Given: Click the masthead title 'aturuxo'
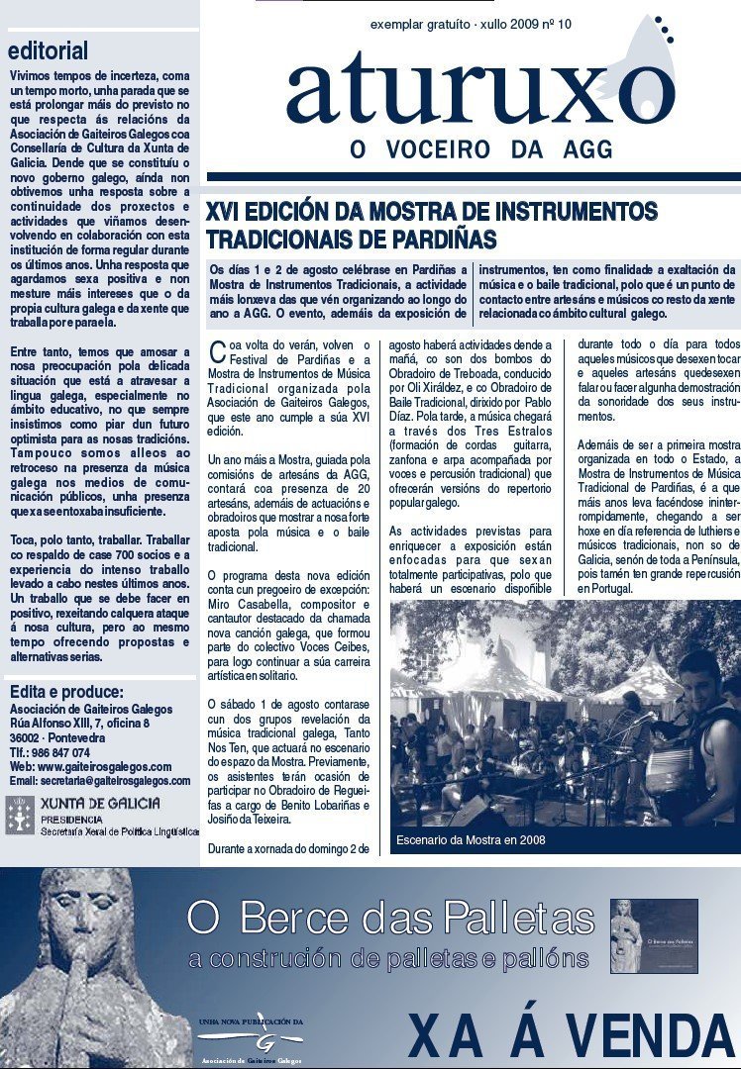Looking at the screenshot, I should click(480, 91).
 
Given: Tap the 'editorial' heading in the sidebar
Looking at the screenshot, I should click(49, 50).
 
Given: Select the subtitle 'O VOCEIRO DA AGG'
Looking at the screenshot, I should click(481, 149).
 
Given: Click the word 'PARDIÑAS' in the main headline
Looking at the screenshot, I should click(441, 240).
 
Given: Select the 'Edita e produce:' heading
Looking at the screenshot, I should click(66, 692).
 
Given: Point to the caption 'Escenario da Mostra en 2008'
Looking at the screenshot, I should click(471, 840).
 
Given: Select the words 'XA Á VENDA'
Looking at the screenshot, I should click(571, 1036).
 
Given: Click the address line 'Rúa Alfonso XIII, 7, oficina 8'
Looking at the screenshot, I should click(79, 724).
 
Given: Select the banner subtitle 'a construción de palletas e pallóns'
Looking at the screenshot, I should click(388, 958).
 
